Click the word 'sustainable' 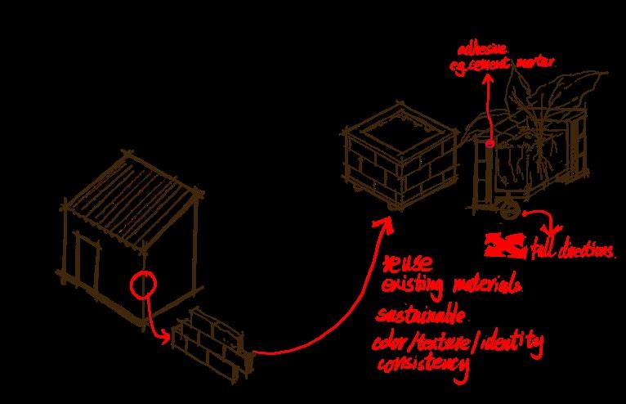(420, 315)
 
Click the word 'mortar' (536, 62)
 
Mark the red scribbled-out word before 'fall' (505, 243)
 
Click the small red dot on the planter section (490, 143)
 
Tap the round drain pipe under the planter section (508, 211)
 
